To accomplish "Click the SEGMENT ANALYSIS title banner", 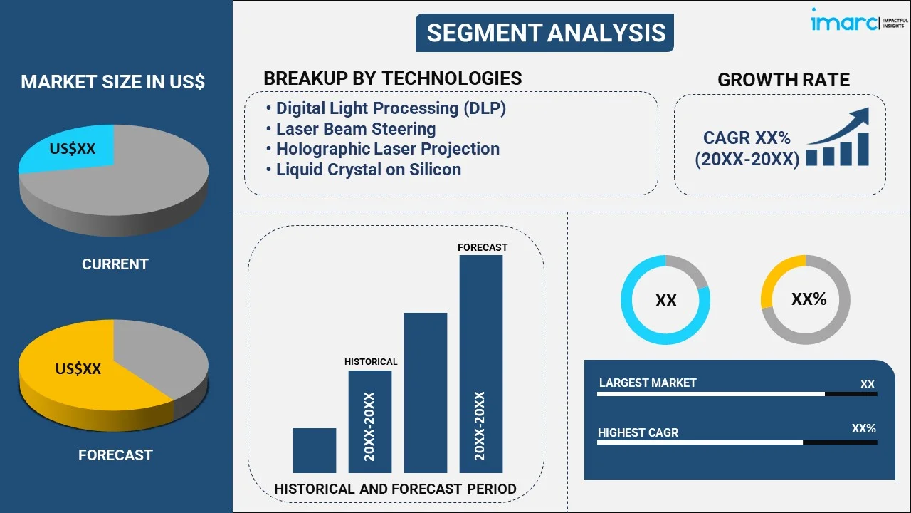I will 545,33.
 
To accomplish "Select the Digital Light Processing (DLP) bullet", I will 390,108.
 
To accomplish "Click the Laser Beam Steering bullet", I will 355,129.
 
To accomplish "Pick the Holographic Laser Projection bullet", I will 387,149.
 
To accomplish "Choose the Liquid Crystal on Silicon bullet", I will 368,170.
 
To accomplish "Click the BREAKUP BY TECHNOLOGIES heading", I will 392,78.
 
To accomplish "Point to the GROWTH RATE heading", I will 783,80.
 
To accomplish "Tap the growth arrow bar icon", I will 838,139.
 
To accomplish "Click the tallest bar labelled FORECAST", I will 481,363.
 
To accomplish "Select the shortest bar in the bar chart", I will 314,450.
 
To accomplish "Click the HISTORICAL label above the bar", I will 371,362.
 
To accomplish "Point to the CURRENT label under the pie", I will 115,264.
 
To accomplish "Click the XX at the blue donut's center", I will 665,301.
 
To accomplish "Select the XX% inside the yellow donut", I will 809,299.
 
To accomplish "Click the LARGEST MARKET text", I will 648,383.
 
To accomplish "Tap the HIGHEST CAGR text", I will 638,432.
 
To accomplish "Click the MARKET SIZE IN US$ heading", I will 112,83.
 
